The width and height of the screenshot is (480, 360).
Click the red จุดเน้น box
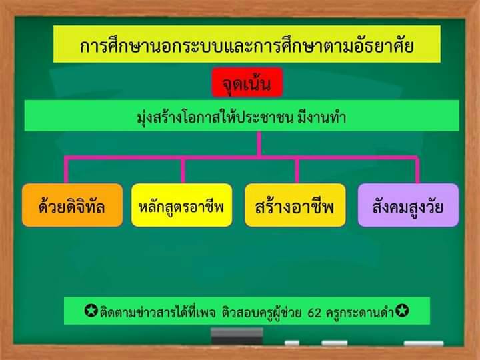[247, 83]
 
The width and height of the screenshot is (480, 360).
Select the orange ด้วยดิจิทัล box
[72, 205]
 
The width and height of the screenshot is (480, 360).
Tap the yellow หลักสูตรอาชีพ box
[181, 205]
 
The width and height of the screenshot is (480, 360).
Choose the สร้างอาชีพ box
[295, 205]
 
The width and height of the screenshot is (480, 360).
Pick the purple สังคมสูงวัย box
[408, 205]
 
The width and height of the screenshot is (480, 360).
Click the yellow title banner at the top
[247, 44]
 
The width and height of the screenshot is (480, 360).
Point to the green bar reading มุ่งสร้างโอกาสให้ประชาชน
[241, 116]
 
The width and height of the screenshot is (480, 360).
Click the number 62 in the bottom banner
[315, 313]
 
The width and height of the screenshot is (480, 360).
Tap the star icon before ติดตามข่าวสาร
[91, 311]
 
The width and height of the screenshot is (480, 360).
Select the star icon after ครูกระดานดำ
[402, 311]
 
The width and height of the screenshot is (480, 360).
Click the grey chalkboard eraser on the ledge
[237, 336]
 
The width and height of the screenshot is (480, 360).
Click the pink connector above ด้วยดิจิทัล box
[66, 170]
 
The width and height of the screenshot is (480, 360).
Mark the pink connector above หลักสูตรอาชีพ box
[183, 170]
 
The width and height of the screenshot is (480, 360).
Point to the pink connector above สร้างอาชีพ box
[297, 170]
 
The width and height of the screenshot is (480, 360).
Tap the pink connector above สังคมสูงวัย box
[417, 170]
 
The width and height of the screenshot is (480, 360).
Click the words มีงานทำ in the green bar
[322, 117]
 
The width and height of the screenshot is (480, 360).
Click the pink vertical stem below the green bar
[259, 144]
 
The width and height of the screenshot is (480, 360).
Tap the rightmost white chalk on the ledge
[424, 343]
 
